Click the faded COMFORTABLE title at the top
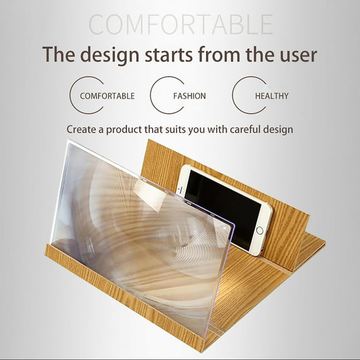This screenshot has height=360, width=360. click(181, 24)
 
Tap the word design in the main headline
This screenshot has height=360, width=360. click(109, 55)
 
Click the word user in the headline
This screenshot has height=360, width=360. click(298, 55)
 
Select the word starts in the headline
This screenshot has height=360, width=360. click(169, 55)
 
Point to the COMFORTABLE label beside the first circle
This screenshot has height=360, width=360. click(107, 96)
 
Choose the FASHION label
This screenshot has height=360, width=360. click(189, 96)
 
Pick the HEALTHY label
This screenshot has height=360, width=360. click(272, 96)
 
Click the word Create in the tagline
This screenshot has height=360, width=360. click(82, 129)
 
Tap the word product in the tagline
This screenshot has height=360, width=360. click(124, 130)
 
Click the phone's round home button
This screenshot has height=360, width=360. click(259, 231)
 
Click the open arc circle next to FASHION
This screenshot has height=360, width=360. click(151, 95)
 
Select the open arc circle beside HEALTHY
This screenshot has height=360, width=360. click(233, 95)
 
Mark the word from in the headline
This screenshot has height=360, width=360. click(219, 55)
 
